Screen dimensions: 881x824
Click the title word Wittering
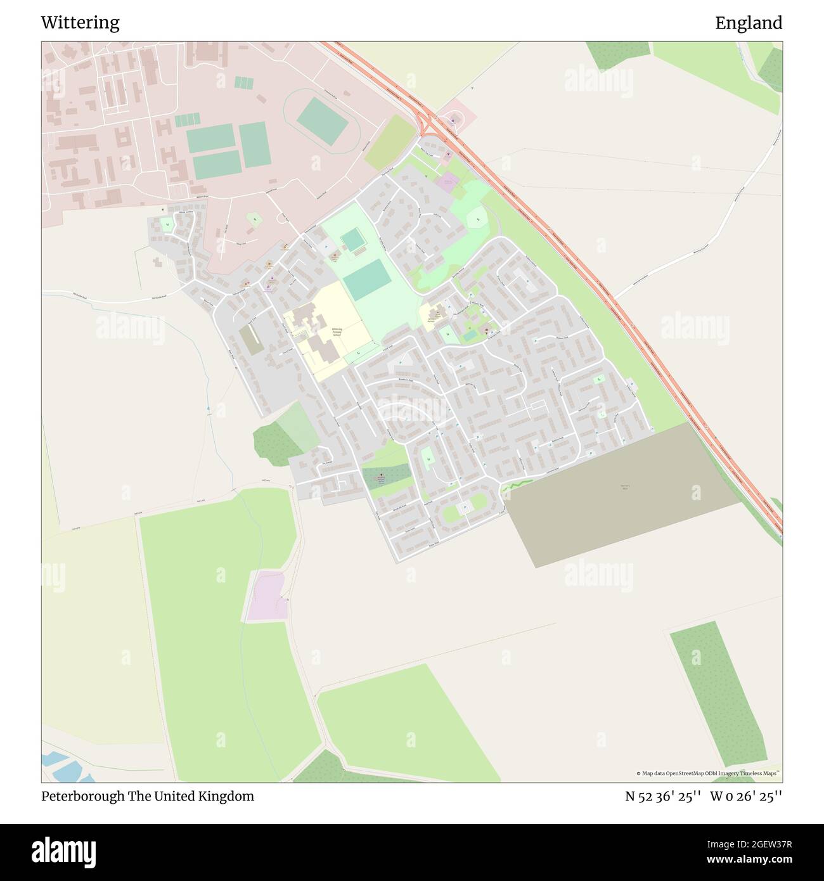point(80,23)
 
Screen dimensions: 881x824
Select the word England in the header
point(749,23)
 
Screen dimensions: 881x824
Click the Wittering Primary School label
point(336,333)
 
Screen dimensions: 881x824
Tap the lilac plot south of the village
point(267,596)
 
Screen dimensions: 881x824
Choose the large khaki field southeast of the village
point(621,494)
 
